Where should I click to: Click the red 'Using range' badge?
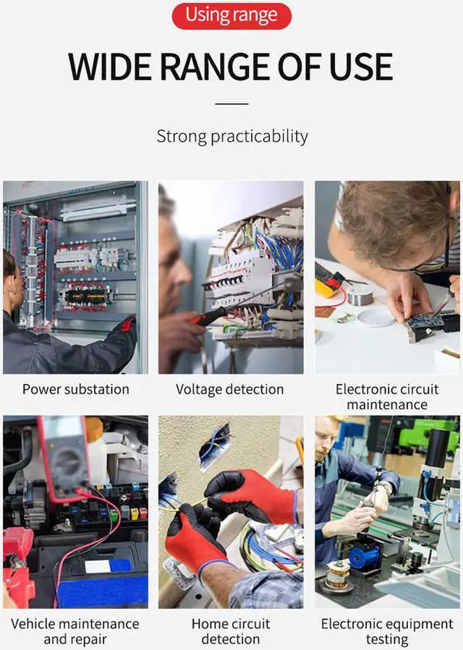pyautogui.click(x=231, y=15)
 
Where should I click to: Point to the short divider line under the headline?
pyautogui.click(x=231, y=104)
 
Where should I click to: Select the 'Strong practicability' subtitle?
pyautogui.click(x=231, y=136)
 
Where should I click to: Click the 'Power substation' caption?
pyautogui.click(x=75, y=389)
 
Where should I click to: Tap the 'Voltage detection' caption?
pyautogui.click(x=230, y=389)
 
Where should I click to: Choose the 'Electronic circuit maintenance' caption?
pyautogui.click(x=387, y=397)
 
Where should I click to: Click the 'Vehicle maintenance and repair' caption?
pyautogui.click(x=75, y=631)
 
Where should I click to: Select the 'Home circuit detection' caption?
pyautogui.click(x=230, y=631)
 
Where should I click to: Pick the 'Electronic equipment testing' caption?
pyautogui.click(x=387, y=631)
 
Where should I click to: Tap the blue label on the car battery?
pyautogui.click(x=109, y=565)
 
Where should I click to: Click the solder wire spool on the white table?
pyautogui.click(x=359, y=295)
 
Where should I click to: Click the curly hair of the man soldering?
pyautogui.click(x=391, y=217)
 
